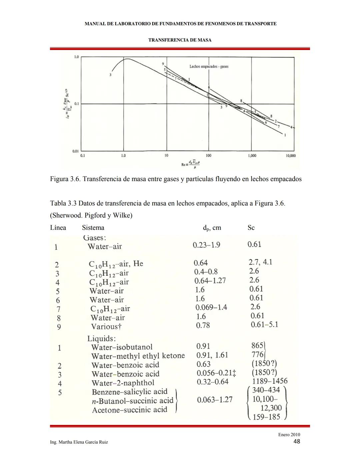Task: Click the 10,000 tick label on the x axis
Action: click(x=291, y=156)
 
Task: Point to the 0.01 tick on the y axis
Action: click(x=76, y=151)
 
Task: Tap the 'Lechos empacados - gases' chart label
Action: click(x=209, y=66)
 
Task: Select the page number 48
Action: click(x=297, y=442)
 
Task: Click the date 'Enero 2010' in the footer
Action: click(x=289, y=435)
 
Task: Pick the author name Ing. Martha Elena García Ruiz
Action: click(x=79, y=442)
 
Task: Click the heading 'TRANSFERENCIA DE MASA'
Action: click(x=180, y=40)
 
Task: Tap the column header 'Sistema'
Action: click(x=93, y=228)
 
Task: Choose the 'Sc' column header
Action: click(x=251, y=228)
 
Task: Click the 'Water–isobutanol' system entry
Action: click(x=122, y=347)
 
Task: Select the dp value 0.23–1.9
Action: click(x=206, y=245)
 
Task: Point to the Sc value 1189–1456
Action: click(x=270, y=381)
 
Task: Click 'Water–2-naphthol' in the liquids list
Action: click(x=123, y=383)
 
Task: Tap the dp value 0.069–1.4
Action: click(x=211, y=307)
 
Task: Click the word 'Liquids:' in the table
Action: click(x=102, y=339)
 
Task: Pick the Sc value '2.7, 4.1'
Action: click(x=260, y=262)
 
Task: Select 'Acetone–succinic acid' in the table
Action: click(x=129, y=410)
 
